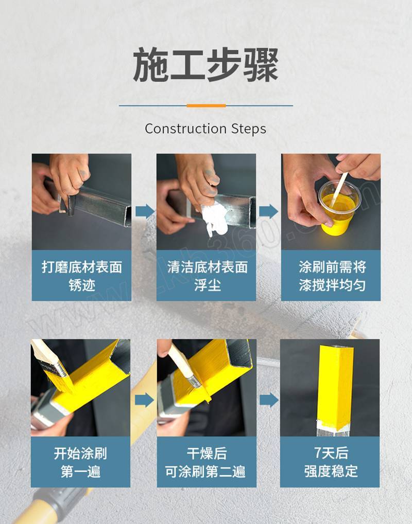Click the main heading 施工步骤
click(205, 64)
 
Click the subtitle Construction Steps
click(205, 129)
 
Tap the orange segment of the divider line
click(206, 105)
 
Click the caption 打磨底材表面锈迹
click(82, 276)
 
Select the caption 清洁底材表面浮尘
click(208, 276)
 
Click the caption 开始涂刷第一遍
click(80, 462)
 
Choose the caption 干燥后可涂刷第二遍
click(205, 462)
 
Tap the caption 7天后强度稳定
click(331, 462)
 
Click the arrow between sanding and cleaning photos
click(145, 211)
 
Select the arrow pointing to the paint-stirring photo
click(269, 211)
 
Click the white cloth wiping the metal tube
click(215, 217)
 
